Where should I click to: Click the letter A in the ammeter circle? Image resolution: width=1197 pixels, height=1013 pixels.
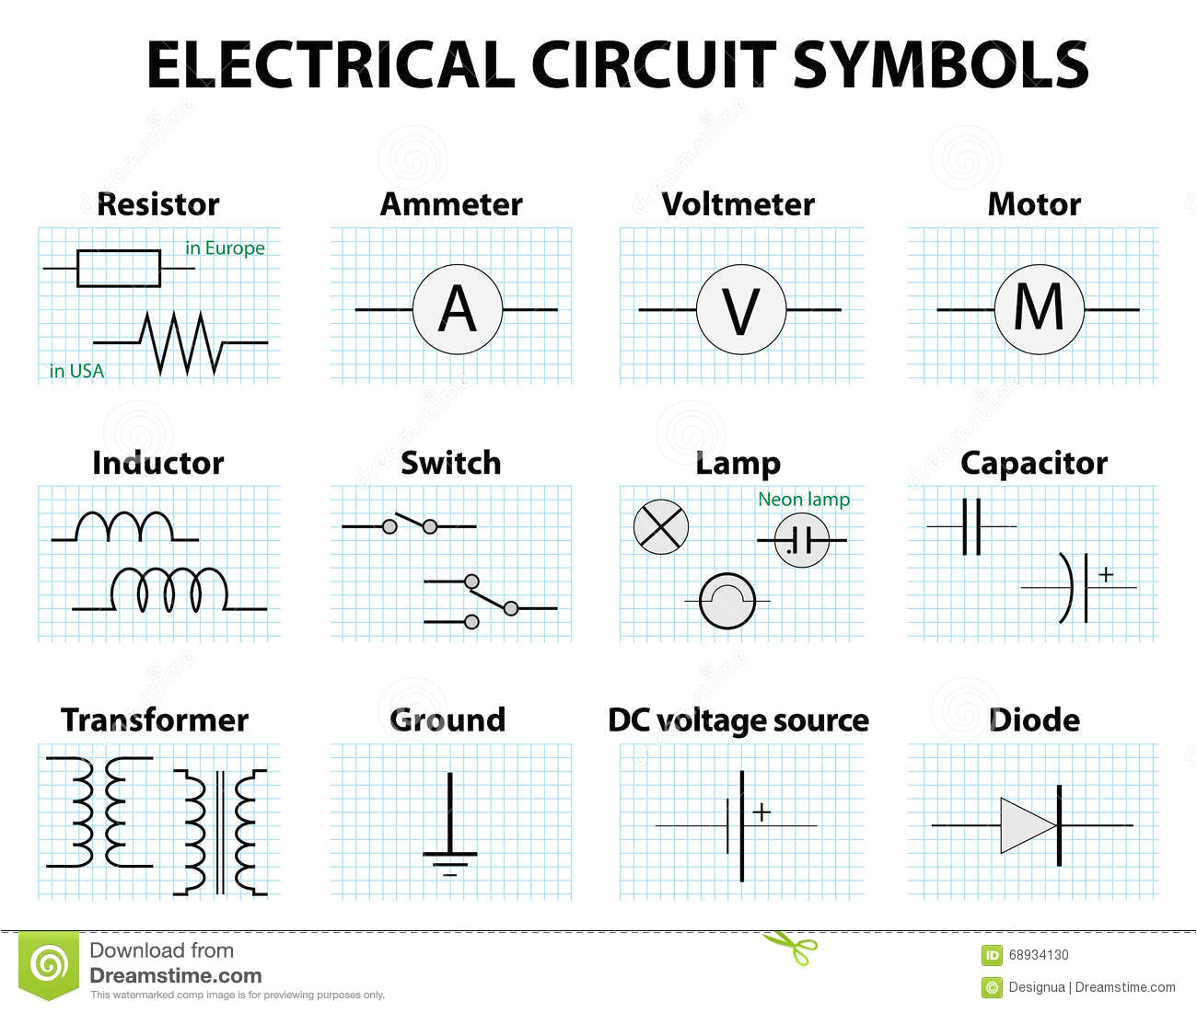(457, 309)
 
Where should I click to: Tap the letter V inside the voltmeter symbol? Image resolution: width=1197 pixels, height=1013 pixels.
(741, 310)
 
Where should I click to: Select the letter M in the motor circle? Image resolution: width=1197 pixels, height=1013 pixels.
(1039, 308)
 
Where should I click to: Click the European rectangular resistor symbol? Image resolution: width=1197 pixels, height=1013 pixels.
(118, 268)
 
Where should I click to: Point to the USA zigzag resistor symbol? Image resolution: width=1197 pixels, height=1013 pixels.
(181, 343)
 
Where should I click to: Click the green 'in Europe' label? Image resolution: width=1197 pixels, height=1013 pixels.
(225, 247)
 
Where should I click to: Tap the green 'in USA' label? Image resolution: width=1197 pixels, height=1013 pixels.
(76, 371)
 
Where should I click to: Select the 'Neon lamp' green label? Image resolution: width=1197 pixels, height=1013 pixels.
(804, 499)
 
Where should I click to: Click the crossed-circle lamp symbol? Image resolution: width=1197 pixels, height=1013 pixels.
(661, 527)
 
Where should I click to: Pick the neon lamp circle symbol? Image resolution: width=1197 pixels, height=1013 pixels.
(802, 540)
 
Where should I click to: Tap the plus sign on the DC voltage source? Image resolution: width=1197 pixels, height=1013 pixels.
(761, 812)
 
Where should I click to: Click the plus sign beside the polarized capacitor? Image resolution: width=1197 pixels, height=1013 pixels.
(1106, 574)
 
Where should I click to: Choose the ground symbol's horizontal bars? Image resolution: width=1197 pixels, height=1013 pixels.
(449, 860)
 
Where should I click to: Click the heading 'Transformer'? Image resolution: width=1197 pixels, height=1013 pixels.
(154, 719)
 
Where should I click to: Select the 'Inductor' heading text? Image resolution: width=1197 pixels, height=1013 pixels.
(157, 463)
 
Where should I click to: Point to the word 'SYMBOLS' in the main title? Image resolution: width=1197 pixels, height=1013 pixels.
(940, 65)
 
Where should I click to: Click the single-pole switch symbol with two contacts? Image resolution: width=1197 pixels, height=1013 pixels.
(410, 525)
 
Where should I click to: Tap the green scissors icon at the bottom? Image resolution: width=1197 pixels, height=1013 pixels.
(792, 949)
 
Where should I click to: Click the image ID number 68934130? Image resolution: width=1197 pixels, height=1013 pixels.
(1039, 955)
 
